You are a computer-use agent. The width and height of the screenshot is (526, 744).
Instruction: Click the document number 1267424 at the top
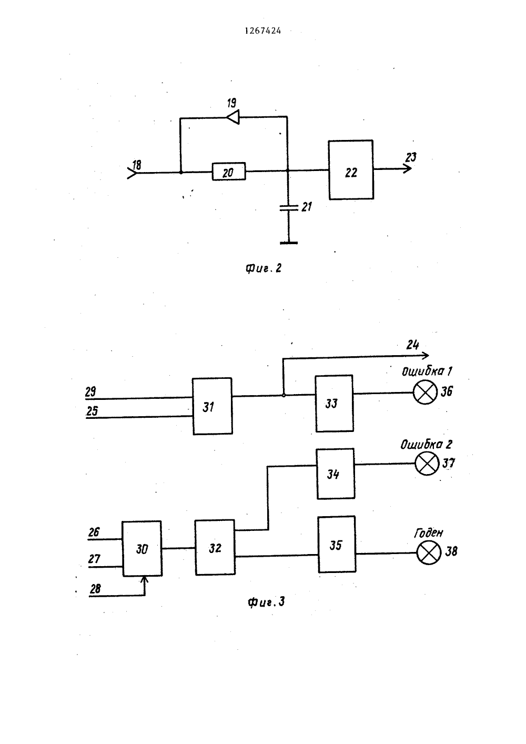point(262,31)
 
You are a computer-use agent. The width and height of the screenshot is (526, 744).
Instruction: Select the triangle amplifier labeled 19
point(233,117)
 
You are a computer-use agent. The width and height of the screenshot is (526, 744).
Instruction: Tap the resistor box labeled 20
point(229,172)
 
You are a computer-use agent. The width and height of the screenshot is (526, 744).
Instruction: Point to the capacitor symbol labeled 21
point(288,208)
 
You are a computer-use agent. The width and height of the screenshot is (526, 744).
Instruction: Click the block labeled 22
point(351,170)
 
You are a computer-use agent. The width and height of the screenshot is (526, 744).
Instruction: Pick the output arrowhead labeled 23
point(408,169)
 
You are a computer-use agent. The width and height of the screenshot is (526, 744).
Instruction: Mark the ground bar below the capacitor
point(289,243)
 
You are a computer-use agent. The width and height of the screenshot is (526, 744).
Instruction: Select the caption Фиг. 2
point(264,268)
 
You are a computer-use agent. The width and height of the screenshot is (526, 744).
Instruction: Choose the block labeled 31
point(212,406)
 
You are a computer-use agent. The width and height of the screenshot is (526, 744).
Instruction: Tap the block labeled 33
point(335,404)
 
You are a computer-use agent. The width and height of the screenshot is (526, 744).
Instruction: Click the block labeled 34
point(336,474)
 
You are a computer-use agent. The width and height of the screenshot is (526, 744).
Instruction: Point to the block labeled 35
point(337,544)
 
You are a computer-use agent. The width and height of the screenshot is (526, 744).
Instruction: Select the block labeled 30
point(142,548)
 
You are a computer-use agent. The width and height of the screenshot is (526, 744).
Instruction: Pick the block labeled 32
point(215,547)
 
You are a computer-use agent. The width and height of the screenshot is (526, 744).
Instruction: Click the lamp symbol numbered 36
point(425,393)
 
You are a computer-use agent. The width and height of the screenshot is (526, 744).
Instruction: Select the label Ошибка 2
point(426,445)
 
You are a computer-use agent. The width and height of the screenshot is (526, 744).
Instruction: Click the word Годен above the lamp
point(428,533)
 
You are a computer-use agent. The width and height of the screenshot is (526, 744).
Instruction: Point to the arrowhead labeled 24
point(426,355)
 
